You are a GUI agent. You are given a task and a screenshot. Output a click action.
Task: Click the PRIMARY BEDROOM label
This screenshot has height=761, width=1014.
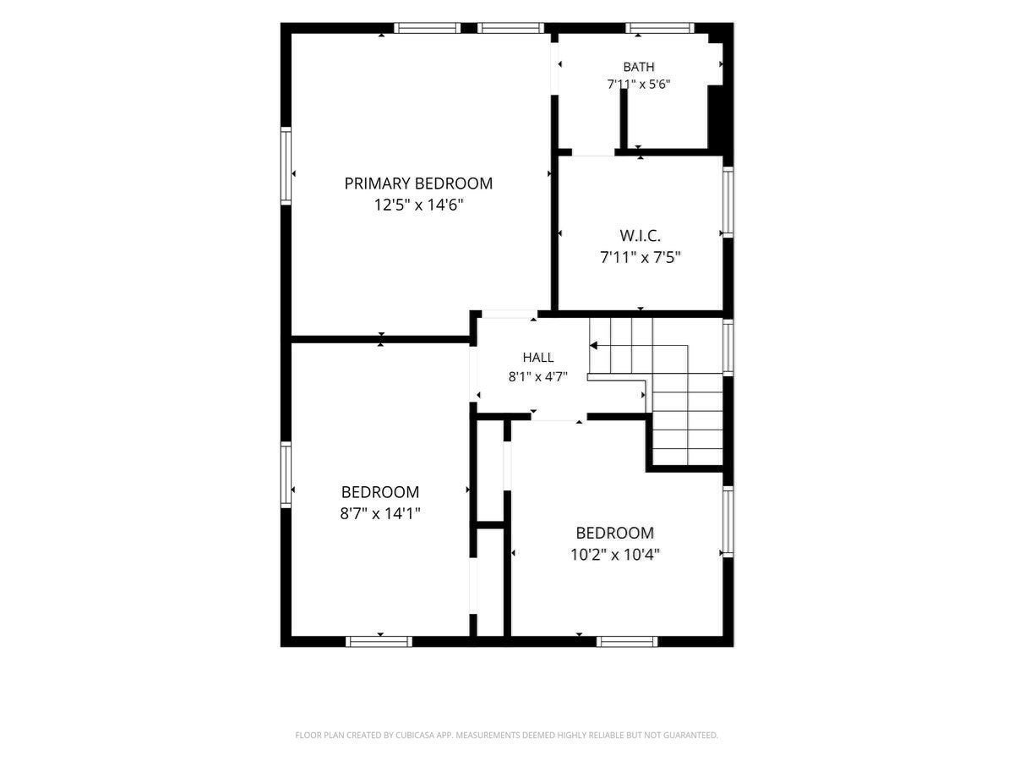418,183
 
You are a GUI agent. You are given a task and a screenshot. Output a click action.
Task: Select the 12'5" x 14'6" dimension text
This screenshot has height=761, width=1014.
418,205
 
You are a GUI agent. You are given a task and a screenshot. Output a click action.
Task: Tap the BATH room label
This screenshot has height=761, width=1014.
639,67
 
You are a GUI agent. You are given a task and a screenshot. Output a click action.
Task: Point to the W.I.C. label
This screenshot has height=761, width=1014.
640,236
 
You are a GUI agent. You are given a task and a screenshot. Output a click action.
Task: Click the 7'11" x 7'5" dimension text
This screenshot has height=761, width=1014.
641,257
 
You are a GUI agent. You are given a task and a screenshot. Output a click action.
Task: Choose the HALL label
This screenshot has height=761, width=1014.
538,357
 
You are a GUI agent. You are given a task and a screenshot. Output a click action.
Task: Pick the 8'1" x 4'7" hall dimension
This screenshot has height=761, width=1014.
537,377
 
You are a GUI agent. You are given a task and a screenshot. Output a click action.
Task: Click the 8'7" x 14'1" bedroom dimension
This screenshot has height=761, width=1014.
380,513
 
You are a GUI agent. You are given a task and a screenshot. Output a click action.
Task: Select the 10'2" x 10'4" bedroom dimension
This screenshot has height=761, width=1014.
615,555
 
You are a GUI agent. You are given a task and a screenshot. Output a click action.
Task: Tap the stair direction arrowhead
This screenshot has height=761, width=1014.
594,346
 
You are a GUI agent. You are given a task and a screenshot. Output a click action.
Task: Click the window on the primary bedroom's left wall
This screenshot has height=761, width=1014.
286,166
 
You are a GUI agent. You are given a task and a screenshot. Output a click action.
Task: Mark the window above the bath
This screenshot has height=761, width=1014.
660,28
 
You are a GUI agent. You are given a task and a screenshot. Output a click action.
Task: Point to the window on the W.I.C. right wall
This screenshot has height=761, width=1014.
728,202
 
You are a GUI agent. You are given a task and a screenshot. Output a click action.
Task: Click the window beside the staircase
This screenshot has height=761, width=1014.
728,347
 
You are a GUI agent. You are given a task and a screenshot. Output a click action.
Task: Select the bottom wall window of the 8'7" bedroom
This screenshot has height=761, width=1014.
379,641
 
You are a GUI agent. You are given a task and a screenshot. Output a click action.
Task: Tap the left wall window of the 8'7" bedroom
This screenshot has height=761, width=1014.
286,474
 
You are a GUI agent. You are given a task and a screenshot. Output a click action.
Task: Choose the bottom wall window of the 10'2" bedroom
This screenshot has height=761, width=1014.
627,641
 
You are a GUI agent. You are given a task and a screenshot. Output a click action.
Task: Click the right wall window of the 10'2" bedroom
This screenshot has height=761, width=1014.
728,522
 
